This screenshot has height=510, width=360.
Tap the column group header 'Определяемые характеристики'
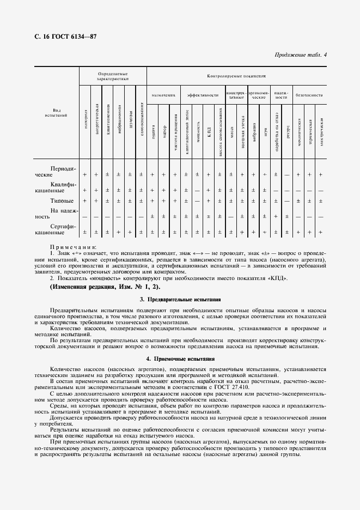click(113, 76)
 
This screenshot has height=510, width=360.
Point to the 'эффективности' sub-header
click(203, 95)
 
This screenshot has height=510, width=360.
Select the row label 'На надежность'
click(57, 213)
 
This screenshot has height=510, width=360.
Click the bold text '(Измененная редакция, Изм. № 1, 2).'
click(105, 287)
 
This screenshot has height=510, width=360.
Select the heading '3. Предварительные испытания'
click(180, 300)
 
